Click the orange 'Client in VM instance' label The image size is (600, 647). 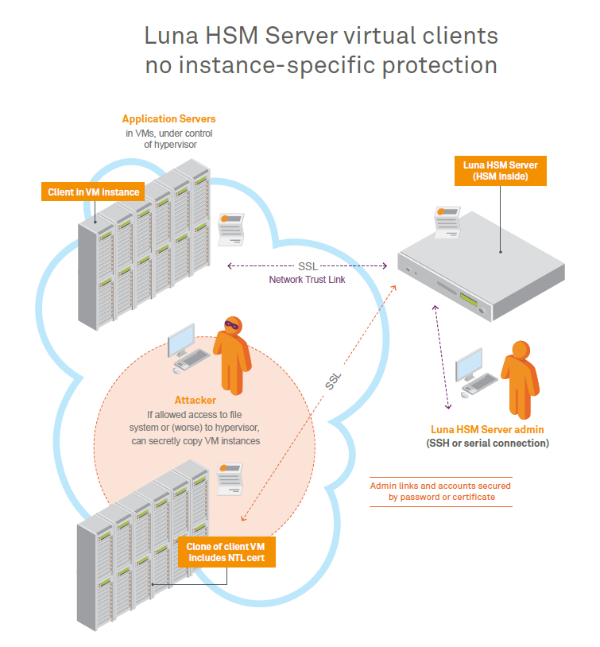93,192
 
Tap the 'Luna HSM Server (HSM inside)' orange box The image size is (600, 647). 500,171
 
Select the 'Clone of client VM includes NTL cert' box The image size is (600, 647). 230,553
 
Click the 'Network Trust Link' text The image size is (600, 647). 307,280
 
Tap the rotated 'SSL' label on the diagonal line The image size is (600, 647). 334,381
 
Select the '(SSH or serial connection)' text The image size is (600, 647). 487,443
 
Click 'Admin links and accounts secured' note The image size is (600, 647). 441,485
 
